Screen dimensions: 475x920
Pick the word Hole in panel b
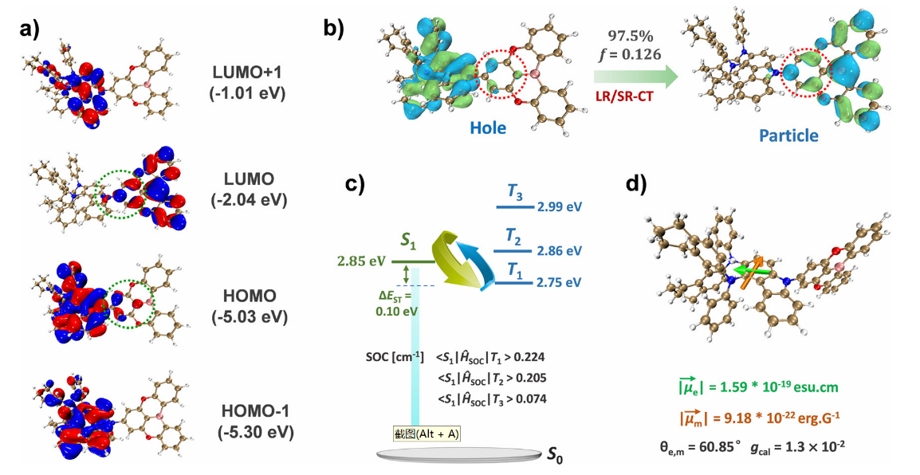(487, 128)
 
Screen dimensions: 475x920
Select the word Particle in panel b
(788, 135)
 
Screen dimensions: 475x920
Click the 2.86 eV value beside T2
(560, 249)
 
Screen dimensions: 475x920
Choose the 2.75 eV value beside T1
(560, 282)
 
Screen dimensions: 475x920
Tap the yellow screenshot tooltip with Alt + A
(427, 432)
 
